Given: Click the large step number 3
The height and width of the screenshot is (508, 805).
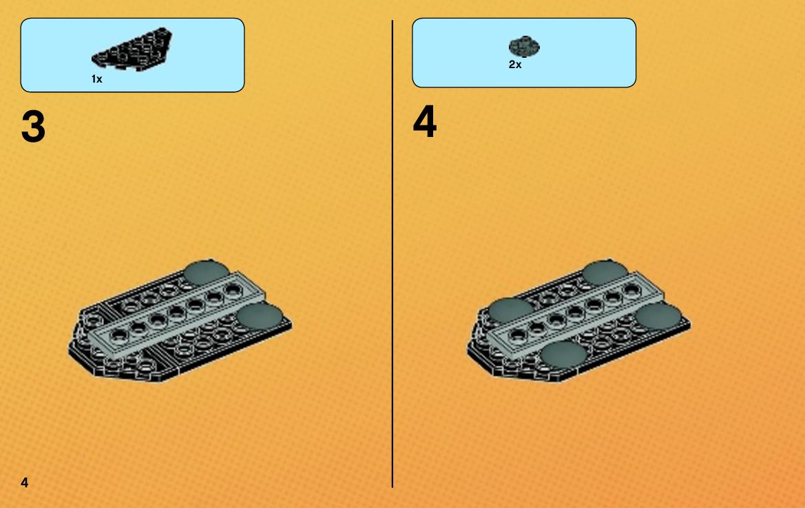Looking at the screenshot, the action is (33, 127).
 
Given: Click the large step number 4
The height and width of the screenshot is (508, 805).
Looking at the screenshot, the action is (425, 122).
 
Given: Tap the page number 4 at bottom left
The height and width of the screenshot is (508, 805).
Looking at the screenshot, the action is (25, 483).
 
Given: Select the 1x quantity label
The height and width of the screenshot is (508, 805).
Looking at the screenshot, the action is (96, 79).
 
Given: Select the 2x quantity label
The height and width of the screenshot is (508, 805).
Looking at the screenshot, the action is (515, 65).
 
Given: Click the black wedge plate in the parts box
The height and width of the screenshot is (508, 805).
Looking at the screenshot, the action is (132, 50).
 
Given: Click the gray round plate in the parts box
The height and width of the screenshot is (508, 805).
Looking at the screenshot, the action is (523, 47).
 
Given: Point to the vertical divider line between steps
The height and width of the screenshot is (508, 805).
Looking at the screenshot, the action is (393, 254).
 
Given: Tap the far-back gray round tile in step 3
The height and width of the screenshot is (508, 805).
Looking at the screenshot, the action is (207, 273).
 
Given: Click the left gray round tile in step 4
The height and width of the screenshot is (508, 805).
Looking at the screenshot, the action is (512, 311).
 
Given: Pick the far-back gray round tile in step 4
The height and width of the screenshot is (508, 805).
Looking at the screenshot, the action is (605, 273).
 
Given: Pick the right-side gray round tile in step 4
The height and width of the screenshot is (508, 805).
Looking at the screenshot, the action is (659, 316).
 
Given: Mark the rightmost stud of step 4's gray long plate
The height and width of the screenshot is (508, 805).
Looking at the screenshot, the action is (632, 290).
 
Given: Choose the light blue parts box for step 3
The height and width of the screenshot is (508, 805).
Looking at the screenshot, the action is (132, 56).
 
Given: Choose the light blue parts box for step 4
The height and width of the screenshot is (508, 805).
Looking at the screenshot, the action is (524, 53).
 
